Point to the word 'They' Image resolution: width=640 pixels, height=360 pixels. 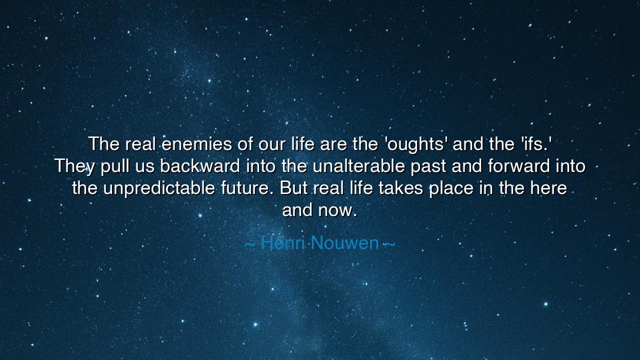(x=74, y=166)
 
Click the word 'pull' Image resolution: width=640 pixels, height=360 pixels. (x=114, y=166)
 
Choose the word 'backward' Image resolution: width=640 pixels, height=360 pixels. (x=200, y=166)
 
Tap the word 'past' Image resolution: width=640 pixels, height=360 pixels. (x=428, y=166)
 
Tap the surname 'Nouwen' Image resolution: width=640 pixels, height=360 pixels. (x=344, y=243)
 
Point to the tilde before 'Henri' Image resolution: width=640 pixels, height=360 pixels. (x=250, y=243)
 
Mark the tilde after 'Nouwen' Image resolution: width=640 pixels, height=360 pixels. (x=389, y=243)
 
